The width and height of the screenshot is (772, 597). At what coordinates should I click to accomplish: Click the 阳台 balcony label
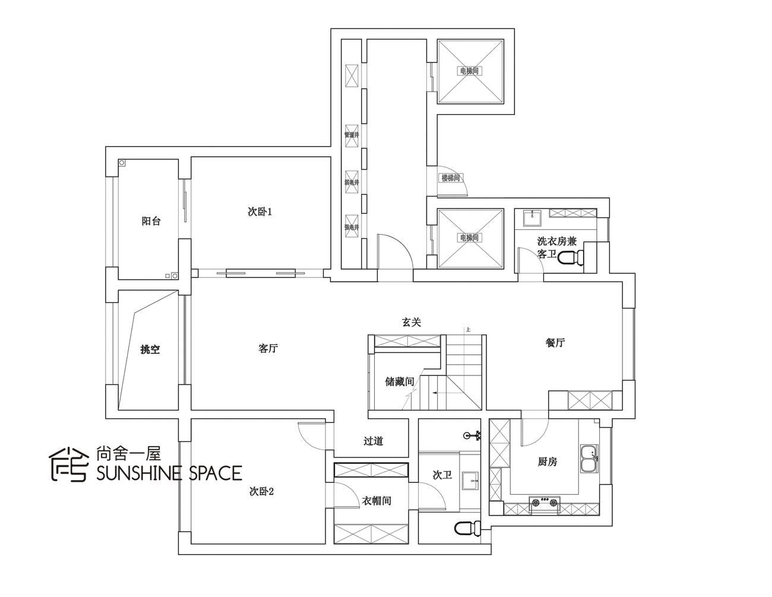(151, 221)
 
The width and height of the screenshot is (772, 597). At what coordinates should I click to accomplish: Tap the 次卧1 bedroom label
(260, 211)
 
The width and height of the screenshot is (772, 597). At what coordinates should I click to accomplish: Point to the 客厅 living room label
(268, 349)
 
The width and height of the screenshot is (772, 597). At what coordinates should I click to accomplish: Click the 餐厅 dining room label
(555, 343)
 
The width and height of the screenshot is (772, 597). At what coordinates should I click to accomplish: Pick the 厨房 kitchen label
(548, 462)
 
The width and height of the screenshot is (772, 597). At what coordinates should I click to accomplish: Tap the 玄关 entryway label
(412, 322)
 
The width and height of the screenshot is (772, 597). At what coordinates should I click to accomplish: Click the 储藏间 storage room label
(399, 381)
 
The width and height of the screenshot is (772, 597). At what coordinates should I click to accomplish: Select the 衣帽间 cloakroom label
(376, 501)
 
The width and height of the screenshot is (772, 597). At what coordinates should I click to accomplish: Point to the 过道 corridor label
(373, 441)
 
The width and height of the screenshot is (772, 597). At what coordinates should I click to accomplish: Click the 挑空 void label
(150, 350)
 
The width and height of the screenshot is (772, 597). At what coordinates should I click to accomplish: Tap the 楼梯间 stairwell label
(450, 178)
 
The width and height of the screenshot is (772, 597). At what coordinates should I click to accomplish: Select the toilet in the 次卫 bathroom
(467, 528)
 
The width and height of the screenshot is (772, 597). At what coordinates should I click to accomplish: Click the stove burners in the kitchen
(545, 503)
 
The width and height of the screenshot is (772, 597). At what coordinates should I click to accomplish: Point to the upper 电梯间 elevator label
(469, 71)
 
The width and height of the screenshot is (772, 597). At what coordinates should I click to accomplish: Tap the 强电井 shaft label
(352, 227)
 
